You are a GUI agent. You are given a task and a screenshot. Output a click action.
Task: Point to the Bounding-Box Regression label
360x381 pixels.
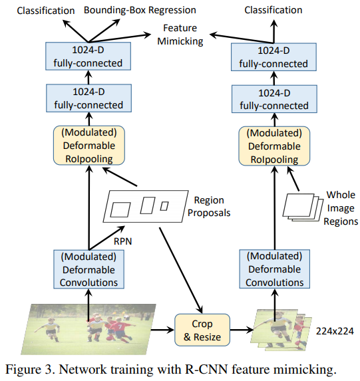coord(140,10)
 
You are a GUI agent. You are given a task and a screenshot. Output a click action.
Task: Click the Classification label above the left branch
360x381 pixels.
coord(46,10)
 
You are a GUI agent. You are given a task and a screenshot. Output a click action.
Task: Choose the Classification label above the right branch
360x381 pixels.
coord(273,10)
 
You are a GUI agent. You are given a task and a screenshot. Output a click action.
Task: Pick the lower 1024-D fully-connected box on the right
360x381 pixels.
coord(273,99)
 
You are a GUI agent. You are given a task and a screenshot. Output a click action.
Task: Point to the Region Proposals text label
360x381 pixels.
coord(208,207)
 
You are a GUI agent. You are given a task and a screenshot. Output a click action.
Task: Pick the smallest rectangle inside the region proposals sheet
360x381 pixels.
coord(164,205)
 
